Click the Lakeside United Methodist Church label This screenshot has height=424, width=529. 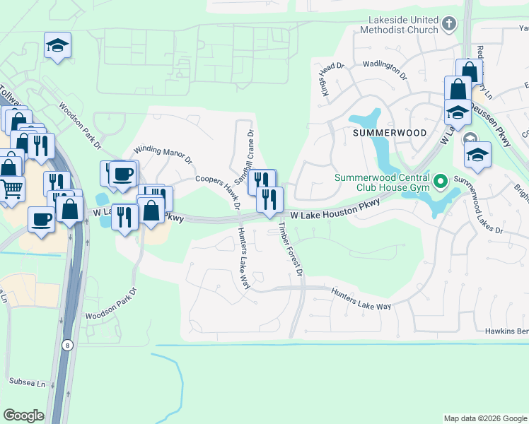[400, 25]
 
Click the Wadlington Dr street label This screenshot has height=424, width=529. [385, 69]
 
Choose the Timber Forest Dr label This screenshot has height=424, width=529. [291, 249]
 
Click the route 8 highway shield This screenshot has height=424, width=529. [67, 344]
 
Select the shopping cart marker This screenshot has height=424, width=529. [11, 189]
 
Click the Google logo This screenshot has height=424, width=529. [23, 416]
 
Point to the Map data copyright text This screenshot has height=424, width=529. [484, 418]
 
